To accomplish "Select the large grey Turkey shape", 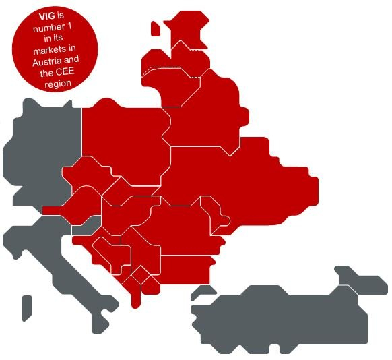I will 283,317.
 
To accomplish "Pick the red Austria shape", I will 74,202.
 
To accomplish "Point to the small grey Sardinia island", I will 26,306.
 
